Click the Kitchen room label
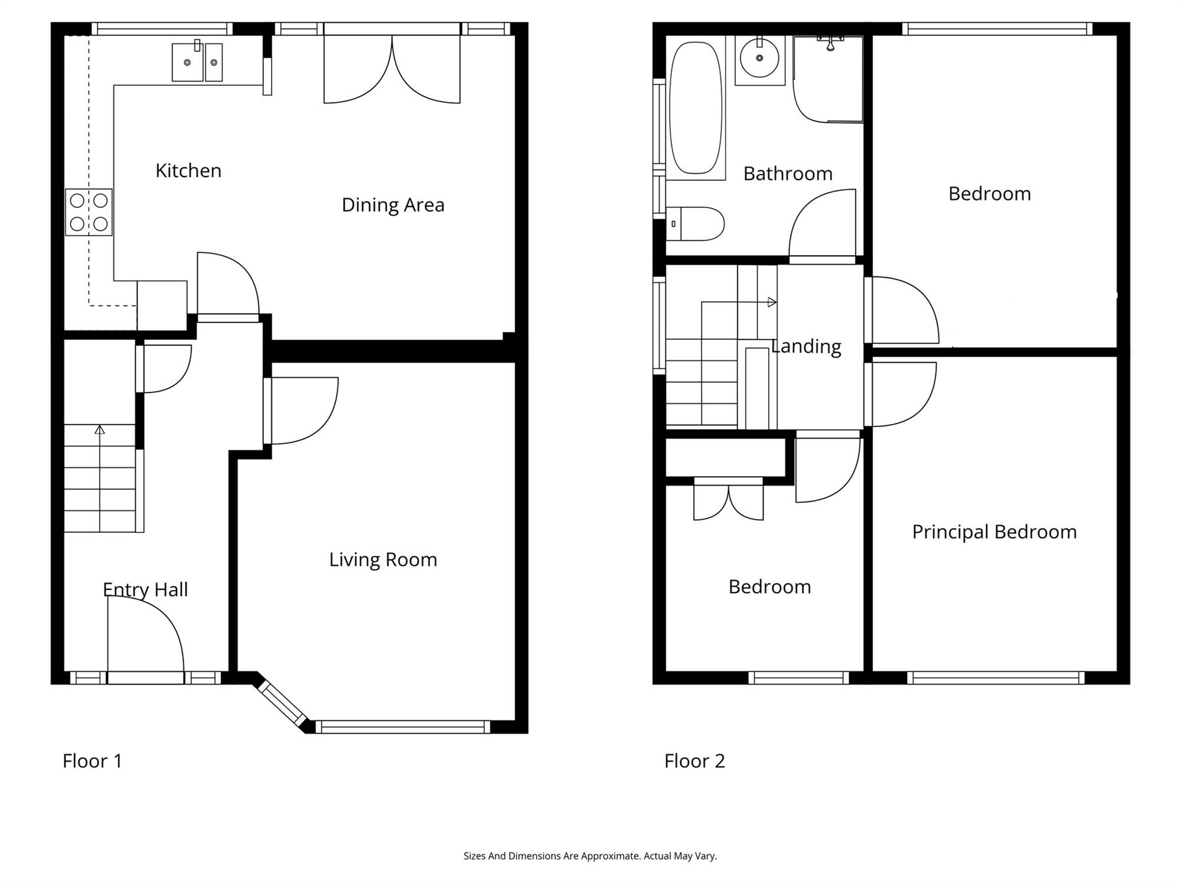[x=188, y=171]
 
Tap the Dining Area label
[x=393, y=205]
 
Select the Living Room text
[x=383, y=559]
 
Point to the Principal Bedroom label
[x=994, y=532]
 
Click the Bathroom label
[x=788, y=174]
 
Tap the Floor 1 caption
[x=92, y=761]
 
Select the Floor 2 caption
[x=694, y=761]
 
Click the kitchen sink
[x=197, y=62]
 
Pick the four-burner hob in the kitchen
[x=89, y=212]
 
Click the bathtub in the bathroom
[x=696, y=108]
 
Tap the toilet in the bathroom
[x=695, y=224]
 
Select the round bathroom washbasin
[x=759, y=58]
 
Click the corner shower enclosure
[x=828, y=79]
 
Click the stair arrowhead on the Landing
[x=772, y=302]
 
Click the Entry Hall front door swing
[x=146, y=633]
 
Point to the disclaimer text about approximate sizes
[x=590, y=856]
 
